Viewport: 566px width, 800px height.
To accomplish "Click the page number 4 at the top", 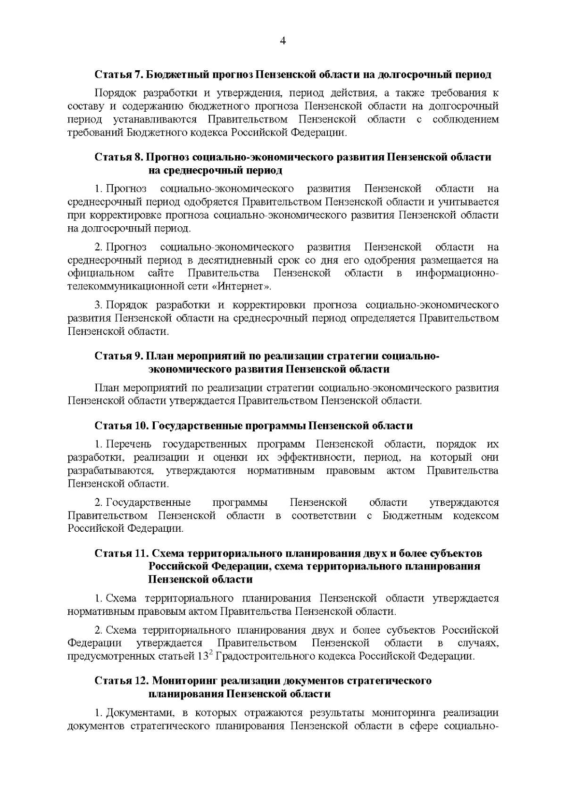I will [x=283, y=41].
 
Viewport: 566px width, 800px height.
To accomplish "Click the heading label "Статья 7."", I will [x=118, y=74].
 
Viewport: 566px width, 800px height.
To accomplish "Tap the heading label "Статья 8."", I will [x=118, y=157].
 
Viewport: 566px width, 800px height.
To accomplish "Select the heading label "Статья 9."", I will [x=118, y=356].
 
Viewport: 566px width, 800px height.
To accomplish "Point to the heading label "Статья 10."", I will [x=121, y=426].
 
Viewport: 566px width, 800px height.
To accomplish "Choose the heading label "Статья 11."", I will [x=121, y=553].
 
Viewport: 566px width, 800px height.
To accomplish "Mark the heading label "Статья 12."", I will [x=121, y=681].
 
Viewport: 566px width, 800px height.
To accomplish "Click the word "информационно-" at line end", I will [x=457, y=273].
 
